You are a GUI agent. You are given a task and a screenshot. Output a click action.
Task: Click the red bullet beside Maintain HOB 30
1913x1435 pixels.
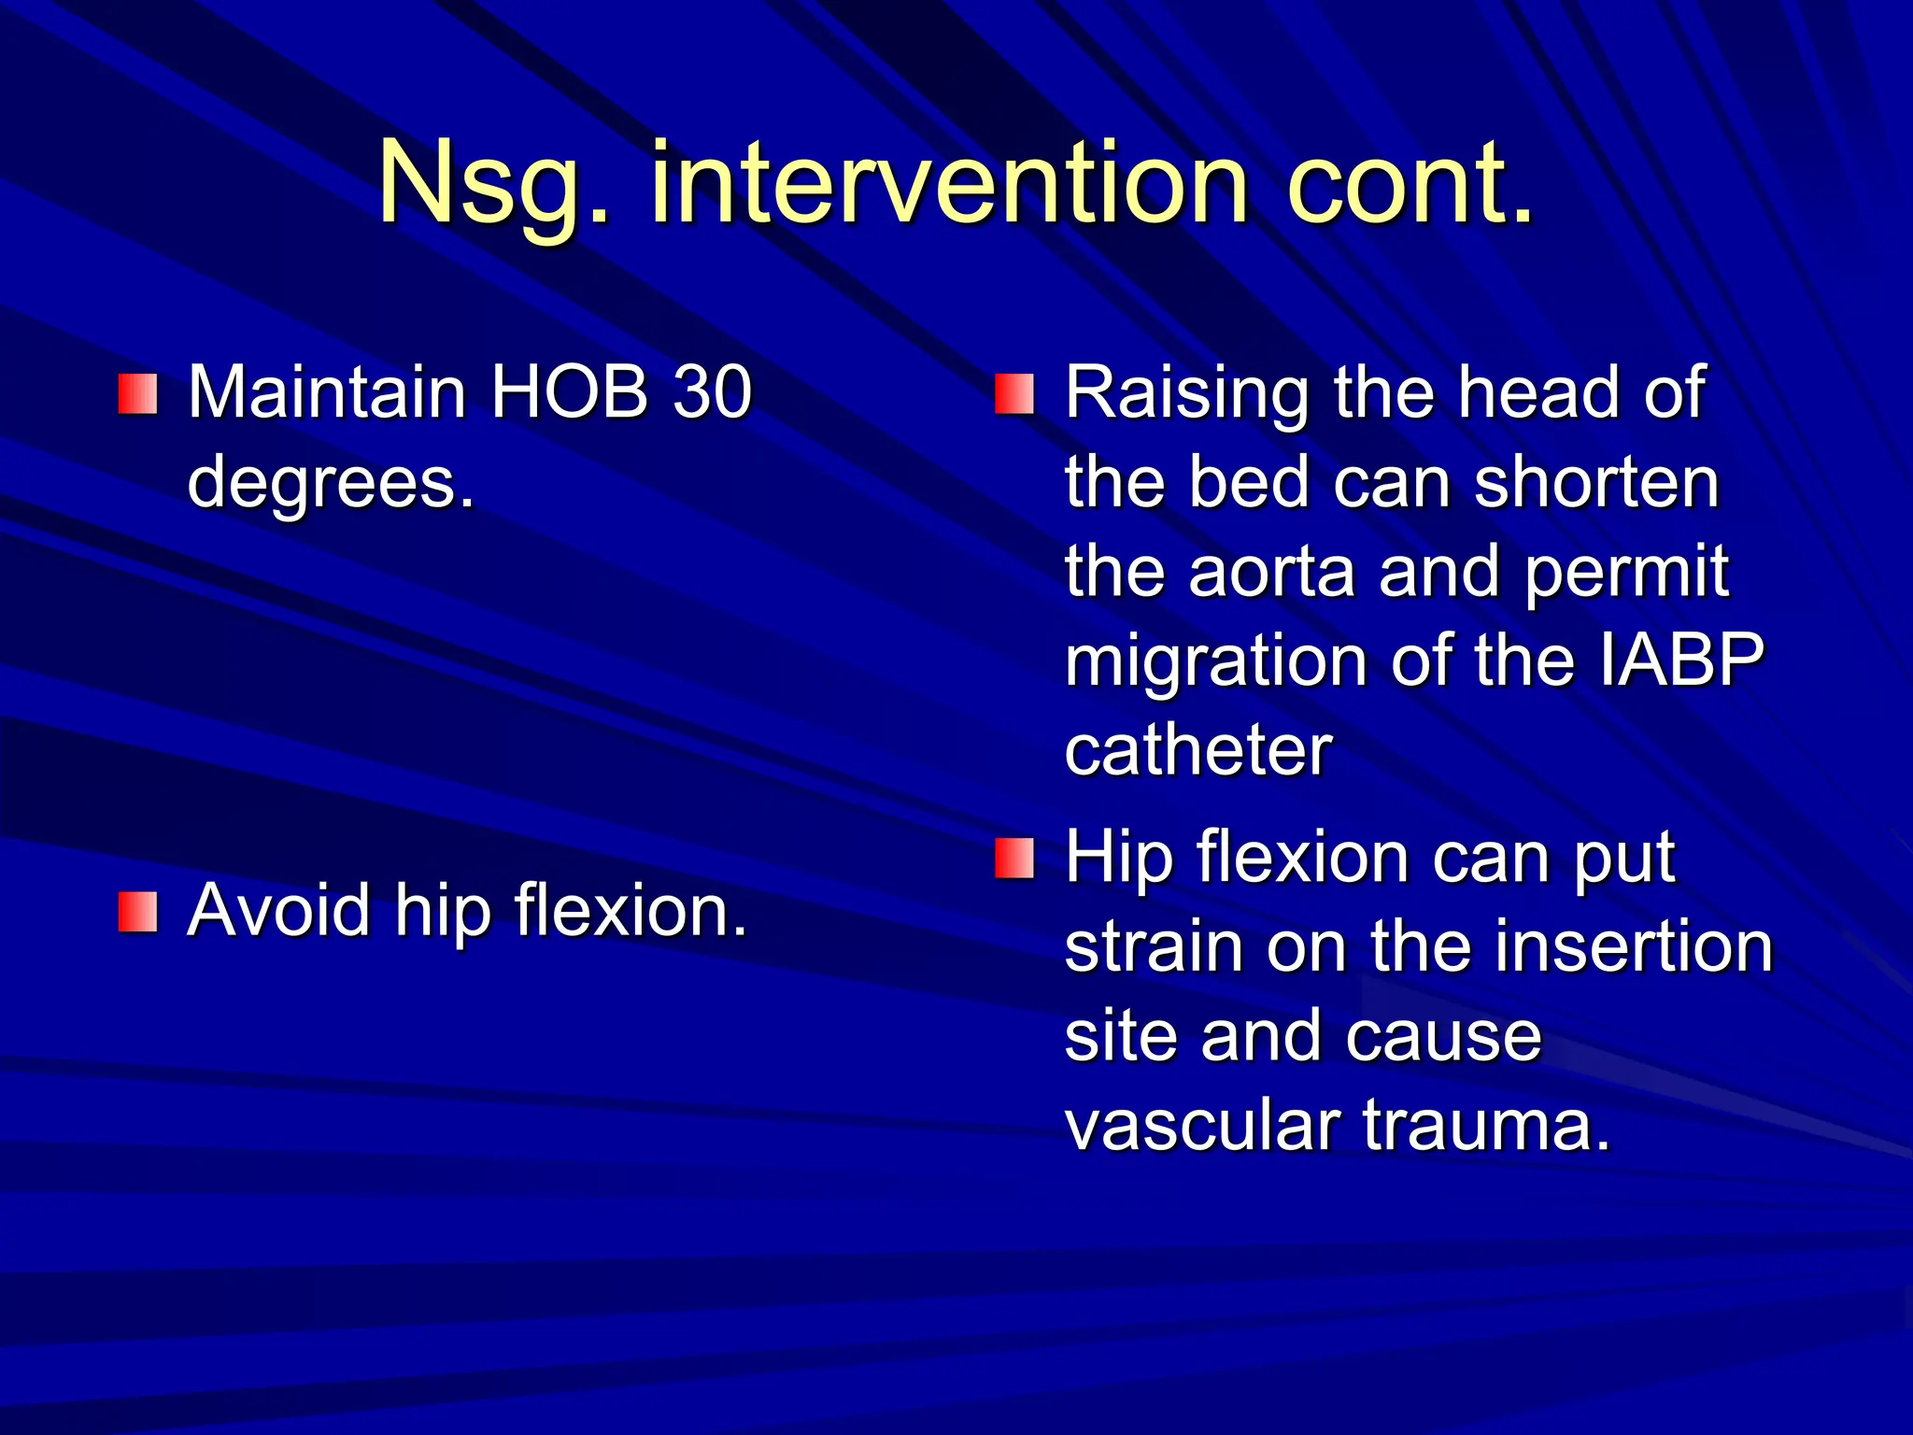(x=137, y=394)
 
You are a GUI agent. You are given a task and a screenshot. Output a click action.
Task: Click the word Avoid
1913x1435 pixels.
(x=278, y=911)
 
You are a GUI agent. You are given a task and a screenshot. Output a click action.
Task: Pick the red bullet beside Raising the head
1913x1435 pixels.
(x=1014, y=394)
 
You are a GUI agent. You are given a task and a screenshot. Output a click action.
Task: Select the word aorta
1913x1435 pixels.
(x=1271, y=572)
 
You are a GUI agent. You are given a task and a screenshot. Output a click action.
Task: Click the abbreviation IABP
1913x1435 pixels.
(x=1681, y=660)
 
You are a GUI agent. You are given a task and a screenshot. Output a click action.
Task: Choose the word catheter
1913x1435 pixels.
(x=1197, y=751)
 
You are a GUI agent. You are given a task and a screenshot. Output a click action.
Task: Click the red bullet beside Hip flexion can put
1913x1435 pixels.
(x=1014, y=859)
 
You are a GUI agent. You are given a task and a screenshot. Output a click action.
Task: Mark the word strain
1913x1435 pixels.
(x=1154, y=947)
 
